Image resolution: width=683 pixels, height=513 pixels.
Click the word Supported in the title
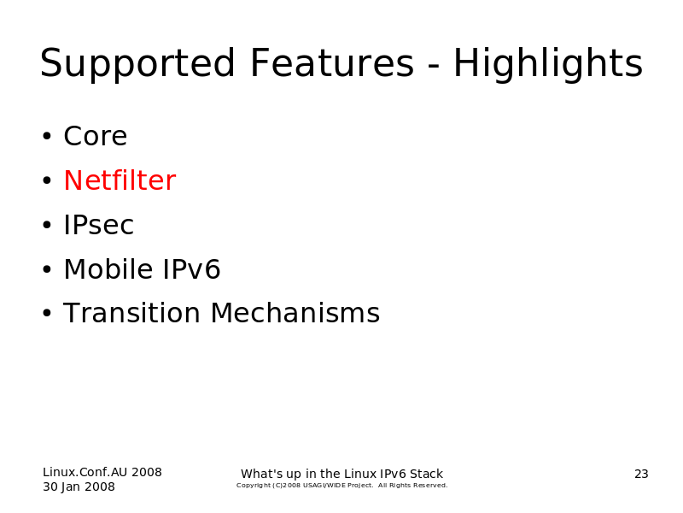[137, 63]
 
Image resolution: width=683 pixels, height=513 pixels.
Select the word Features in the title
[332, 62]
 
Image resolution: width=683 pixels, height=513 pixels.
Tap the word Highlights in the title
[548, 63]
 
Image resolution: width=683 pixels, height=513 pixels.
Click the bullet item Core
[96, 136]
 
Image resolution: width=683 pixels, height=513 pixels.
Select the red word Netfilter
[120, 180]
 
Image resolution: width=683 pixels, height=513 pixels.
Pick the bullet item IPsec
[98, 225]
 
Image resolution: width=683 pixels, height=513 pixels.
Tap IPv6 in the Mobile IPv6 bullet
[191, 269]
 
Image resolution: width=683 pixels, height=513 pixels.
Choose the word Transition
[131, 313]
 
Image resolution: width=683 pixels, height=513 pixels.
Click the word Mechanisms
[295, 313]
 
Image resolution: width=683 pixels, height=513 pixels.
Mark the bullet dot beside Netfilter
[47, 180]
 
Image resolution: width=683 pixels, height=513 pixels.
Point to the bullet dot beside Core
[47, 136]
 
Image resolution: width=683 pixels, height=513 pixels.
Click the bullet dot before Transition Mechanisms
[47, 313]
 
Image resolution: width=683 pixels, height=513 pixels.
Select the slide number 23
[641, 475]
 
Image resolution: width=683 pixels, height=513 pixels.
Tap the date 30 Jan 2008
[79, 486]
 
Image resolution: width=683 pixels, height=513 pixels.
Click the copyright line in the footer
[342, 486]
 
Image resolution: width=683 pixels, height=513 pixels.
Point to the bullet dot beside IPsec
[47, 225]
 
